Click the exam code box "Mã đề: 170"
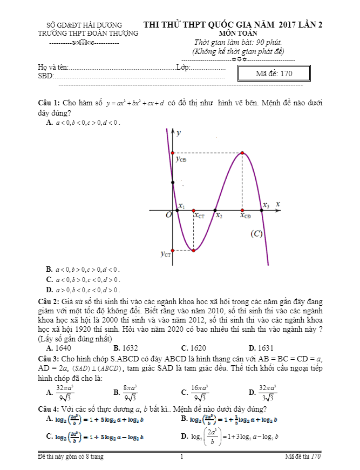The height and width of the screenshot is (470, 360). tap(274, 73)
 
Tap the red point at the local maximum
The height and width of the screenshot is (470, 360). tap(242, 153)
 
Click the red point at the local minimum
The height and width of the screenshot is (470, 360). tap(194, 250)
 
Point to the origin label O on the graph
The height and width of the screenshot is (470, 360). tap(168, 215)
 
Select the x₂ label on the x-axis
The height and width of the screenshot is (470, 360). tap(219, 215)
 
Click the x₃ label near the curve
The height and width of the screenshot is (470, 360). tap(266, 205)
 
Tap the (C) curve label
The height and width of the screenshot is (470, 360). tap(256, 234)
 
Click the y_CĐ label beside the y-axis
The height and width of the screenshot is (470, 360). tap(181, 159)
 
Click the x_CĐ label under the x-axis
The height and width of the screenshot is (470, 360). tap(246, 216)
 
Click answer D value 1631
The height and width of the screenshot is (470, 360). tap(265, 348)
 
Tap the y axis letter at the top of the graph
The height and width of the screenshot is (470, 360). tap(179, 132)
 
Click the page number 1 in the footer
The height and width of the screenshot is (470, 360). tap(181, 457)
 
